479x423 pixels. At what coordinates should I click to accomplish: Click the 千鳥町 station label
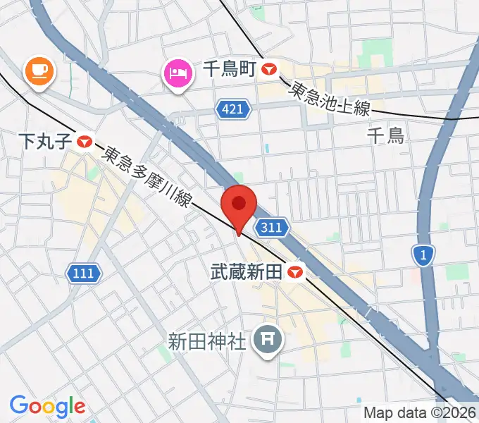pyautogui.click(x=229, y=68)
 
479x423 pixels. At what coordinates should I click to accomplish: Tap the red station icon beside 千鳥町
pyautogui.click(x=270, y=69)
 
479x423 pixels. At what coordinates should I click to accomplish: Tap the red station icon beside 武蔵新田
pyautogui.click(x=296, y=271)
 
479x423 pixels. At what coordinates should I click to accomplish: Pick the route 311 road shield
pyautogui.click(x=271, y=227)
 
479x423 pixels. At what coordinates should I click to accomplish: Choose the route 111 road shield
pyautogui.click(x=84, y=272)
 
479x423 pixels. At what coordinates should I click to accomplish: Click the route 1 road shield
pyautogui.click(x=423, y=255)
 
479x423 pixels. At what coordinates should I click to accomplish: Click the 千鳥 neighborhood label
pyautogui.click(x=386, y=135)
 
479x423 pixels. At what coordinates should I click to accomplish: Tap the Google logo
pyautogui.click(x=47, y=406)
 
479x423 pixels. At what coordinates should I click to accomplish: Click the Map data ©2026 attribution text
pyautogui.click(x=420, y=413)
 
